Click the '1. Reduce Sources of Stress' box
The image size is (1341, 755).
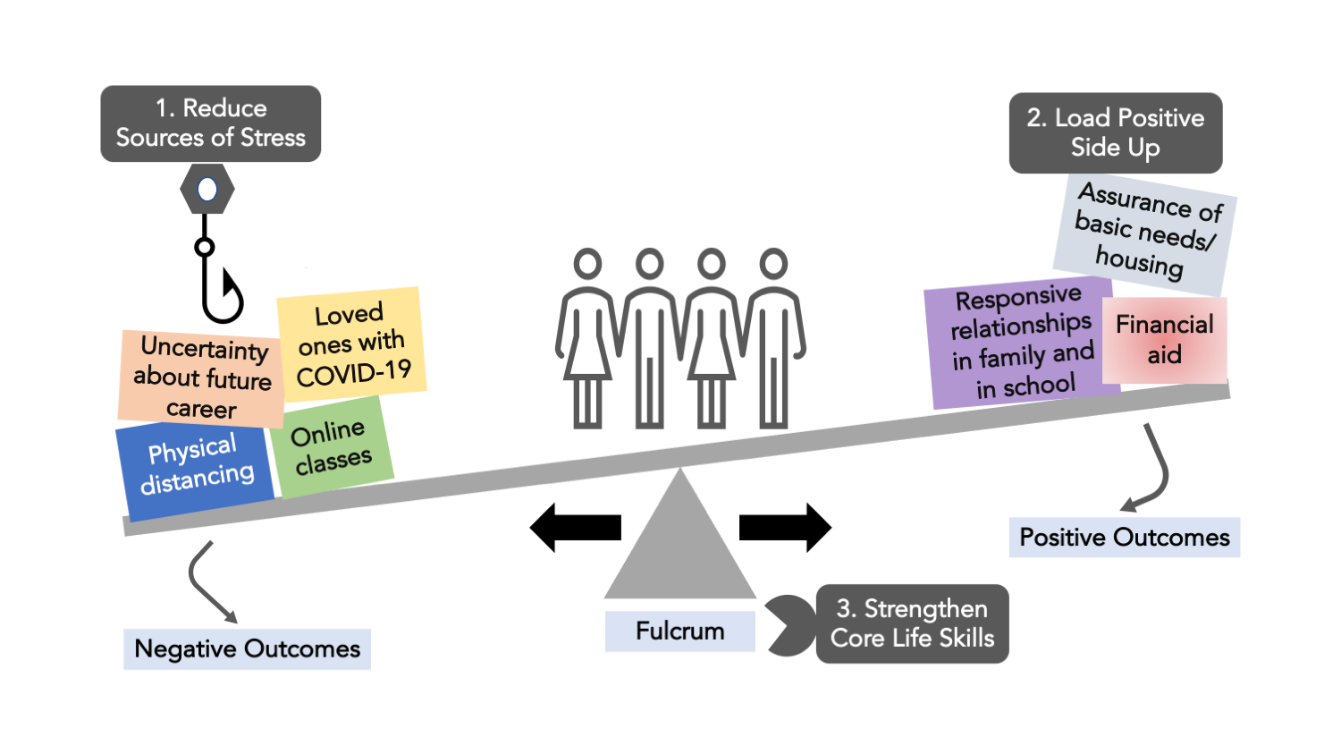210,123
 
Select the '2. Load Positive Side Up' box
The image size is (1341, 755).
1115,132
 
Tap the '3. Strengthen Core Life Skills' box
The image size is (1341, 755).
912,624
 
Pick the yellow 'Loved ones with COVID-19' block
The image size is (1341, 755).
351,344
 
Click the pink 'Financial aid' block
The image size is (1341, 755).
1164,340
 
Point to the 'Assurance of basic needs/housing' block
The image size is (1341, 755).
1145,230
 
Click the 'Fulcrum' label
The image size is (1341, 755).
679,631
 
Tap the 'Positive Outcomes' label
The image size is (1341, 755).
1124,538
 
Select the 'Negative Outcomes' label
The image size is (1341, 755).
247,649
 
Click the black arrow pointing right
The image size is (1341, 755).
785,527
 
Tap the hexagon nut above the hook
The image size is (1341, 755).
207,190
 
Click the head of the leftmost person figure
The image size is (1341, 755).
587,264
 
